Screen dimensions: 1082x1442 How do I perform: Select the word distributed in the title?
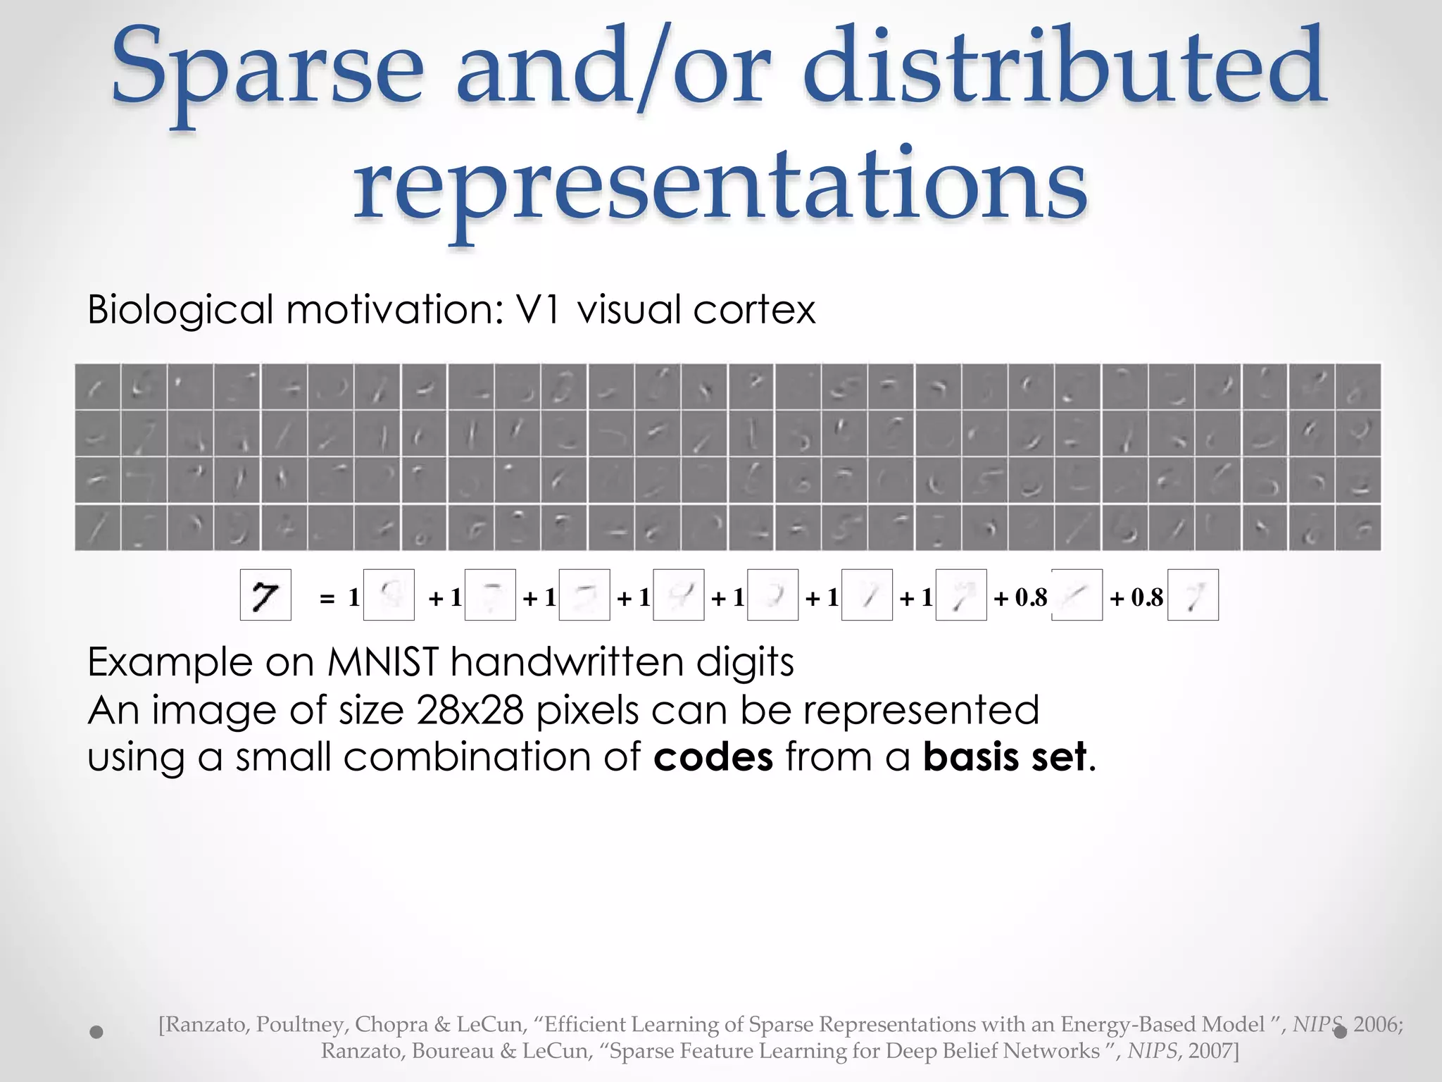(x=1063, y=70)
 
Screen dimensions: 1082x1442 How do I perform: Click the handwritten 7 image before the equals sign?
(x=265, y=595)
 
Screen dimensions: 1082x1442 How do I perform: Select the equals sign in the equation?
(x=327, y=599)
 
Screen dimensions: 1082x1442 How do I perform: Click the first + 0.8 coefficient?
(x=1021, y=598)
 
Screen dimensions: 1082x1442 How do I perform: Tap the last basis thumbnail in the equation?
(x=1193, y=595)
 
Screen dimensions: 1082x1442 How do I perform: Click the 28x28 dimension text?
(x=470, y=710)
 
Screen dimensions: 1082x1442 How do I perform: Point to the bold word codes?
(x=713, y=757)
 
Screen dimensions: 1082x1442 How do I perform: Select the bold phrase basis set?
(x=1005, y=757)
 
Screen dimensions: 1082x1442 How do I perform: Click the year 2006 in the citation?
(x=1377, y=1024)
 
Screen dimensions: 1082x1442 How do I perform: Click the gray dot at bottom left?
(x=97, y=1032)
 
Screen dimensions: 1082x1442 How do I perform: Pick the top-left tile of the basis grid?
(x=97, y=386)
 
